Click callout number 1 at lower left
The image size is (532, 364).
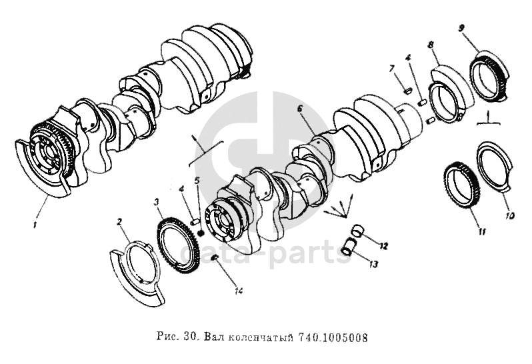click(34, 225)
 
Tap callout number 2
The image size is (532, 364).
click(119, 222)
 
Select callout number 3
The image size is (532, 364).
click(156, 203)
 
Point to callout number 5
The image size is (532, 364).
click(197, 181)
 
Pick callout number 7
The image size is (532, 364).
click(392, 69)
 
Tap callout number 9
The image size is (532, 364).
click(461, 28)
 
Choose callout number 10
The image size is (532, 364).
click(510, 215)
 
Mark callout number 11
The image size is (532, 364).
click(482, 232)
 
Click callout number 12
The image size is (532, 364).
click(383, 246)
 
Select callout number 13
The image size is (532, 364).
click(373, 263)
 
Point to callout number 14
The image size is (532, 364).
click(239, 291)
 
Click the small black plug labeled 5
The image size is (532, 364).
click(201, 233)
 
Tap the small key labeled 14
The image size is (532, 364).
click(215, 259)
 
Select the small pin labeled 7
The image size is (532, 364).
click(407, 90)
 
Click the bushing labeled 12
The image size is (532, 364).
click(357, 231)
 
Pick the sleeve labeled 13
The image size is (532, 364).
click(349, 247)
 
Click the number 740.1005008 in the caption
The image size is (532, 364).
click(333, 337)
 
